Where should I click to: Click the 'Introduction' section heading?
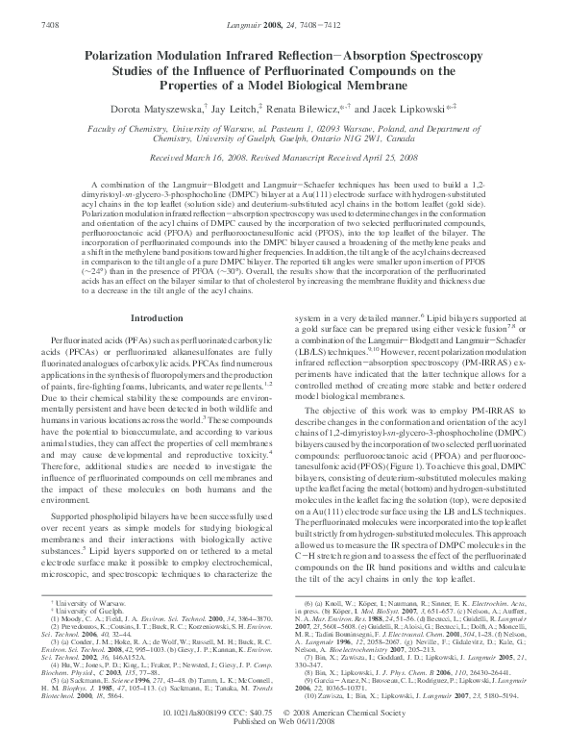pyautogui.click(x=156, y=264)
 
